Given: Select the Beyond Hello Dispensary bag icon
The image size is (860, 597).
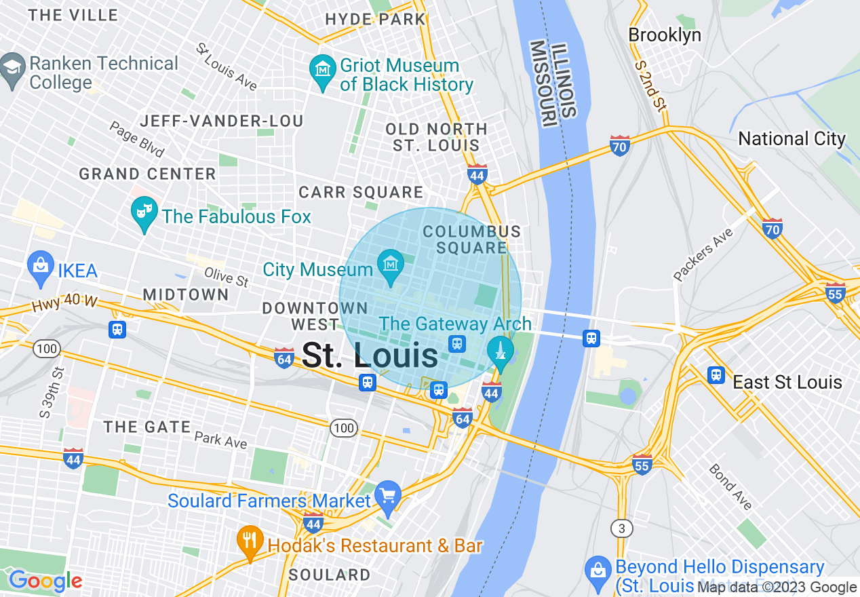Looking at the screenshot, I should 598,571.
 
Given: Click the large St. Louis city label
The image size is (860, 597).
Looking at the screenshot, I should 370,355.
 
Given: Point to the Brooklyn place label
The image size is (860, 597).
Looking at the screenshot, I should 665,35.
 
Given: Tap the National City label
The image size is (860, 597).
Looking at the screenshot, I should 791,139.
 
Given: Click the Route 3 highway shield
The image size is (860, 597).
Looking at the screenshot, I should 621,528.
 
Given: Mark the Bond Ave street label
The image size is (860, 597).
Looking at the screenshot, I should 730,486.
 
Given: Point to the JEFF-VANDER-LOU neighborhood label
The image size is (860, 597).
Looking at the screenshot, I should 221,121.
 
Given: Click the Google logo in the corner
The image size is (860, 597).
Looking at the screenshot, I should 45,581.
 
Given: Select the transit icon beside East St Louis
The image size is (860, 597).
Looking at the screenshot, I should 716,374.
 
